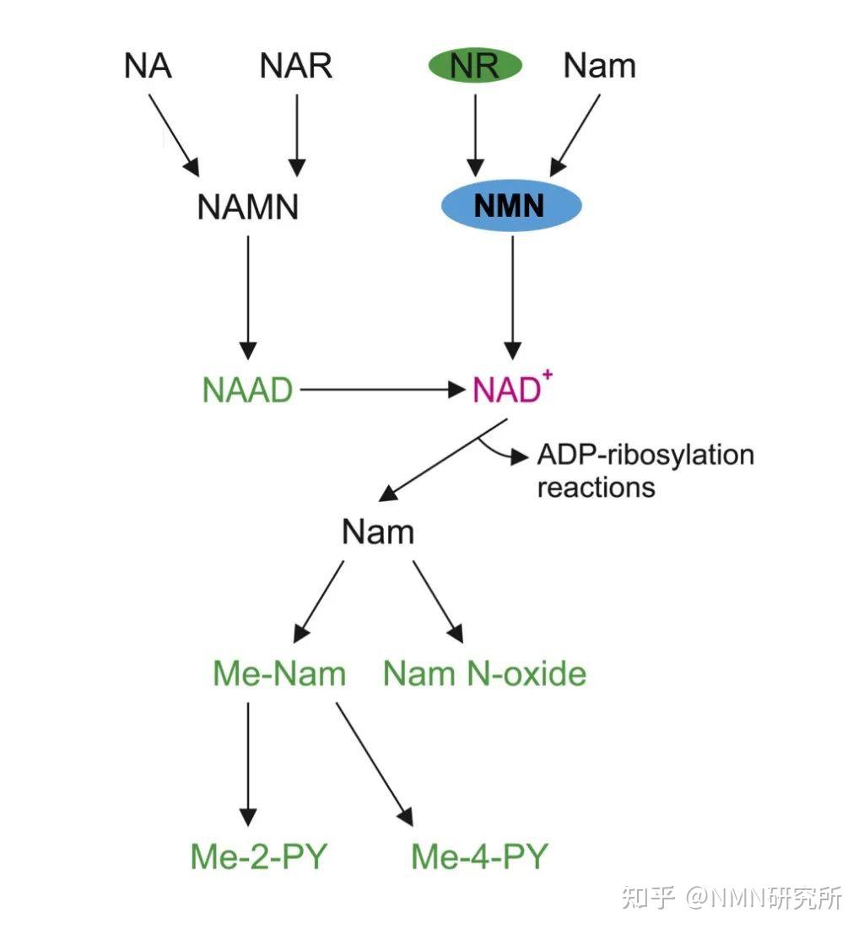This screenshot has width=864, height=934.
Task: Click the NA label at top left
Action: coord(148,66)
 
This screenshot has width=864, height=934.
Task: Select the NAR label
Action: coord(296,66)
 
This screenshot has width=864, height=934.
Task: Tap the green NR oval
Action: coord(475,66)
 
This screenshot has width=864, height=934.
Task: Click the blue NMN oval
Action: coord(511,205)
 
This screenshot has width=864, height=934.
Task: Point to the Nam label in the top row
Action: coord(599,66)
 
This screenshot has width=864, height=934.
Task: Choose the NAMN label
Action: coord(248,207)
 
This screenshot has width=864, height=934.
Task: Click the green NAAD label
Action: coord(248,390)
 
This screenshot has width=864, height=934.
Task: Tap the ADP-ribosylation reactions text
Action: coord(645,471)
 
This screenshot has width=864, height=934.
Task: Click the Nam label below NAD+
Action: coord(378,532)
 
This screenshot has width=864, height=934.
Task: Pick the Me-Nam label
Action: coord(279,673)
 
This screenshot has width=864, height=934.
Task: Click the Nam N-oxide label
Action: coord(484,673)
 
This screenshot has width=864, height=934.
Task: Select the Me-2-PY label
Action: coord(258,856)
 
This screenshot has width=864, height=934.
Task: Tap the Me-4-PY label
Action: coord(479,856)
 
